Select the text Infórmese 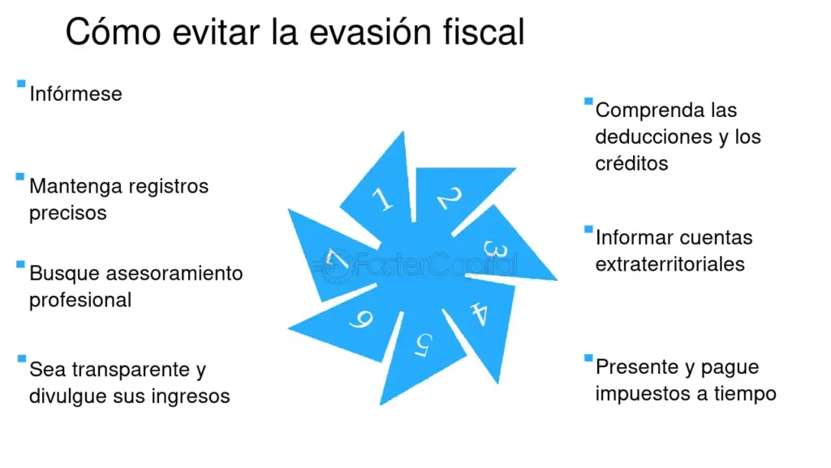pos(75,94)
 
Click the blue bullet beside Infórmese pos(20,84)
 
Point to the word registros pos(166,186)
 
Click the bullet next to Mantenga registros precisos pos(20,176)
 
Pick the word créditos pos(631,163)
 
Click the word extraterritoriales pos(670,264)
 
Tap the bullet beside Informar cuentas pos(588,229)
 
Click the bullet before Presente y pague pos(588,357)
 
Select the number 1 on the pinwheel pos(381,199)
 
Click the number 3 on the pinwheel pos(496,249)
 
